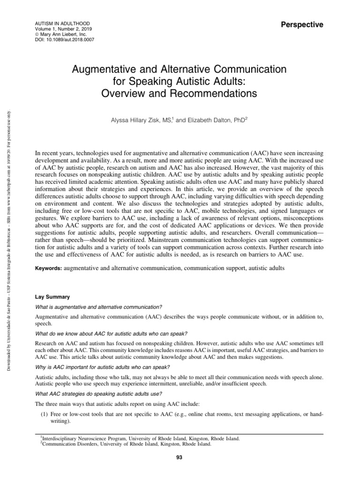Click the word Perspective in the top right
click(301, 25)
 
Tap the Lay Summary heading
click(53, 297)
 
